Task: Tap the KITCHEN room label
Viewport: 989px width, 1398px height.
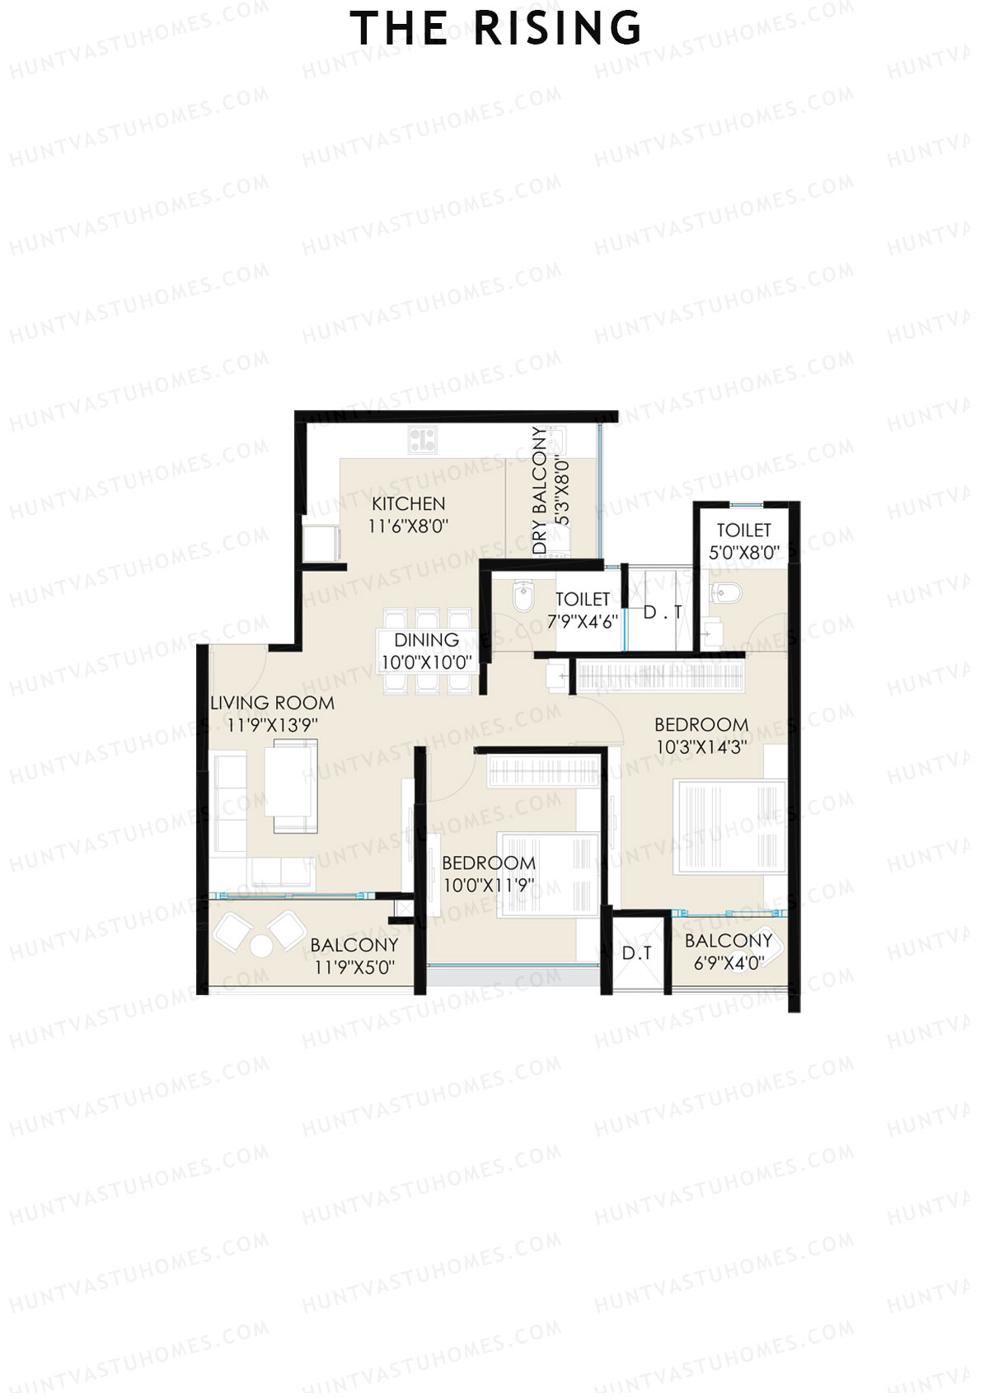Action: [408, 503]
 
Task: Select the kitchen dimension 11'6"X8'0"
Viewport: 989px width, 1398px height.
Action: [408, 526]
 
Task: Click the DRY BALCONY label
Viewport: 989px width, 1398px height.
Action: [539, 490]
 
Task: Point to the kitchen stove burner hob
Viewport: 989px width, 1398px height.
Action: [423, 438]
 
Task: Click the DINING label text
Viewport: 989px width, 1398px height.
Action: [426, 640]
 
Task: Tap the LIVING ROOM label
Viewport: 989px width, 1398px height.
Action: [272, 703]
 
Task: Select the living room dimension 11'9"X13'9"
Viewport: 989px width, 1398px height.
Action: [272, 725]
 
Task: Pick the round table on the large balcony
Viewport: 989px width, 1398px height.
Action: [260, 947]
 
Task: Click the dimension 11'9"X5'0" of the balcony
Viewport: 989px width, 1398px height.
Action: [354, 967]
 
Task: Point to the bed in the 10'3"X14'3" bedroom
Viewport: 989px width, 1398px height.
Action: [729, 826]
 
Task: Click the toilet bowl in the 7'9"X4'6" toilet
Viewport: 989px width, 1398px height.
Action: [523, 596]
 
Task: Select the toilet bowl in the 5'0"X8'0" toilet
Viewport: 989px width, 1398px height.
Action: [728, 592]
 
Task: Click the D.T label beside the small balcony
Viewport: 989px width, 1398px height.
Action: [636, 953]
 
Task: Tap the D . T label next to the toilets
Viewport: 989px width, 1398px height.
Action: [662, 612]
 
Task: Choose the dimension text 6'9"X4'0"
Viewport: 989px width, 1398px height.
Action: [729, 962]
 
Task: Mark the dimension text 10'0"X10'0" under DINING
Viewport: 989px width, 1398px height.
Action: [426, 662]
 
